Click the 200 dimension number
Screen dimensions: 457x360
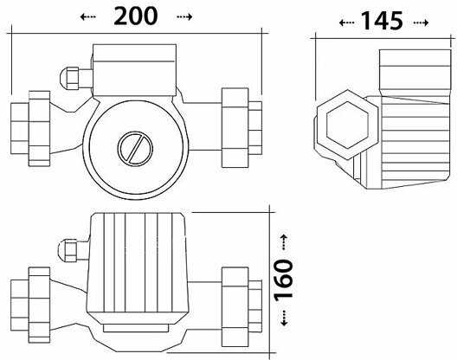coord(136,16)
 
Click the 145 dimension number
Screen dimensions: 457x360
coord(382,22)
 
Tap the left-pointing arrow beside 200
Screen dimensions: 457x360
coord(87,17)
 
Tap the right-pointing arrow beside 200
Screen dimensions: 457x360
coord(184,17)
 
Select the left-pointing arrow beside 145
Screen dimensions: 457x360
coord(347,22)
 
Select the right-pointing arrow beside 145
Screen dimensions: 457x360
coord(422,22)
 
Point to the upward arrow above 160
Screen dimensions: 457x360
coord(284,242)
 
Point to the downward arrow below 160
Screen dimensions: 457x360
coord(284,318)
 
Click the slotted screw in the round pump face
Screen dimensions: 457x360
coord(135,149)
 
